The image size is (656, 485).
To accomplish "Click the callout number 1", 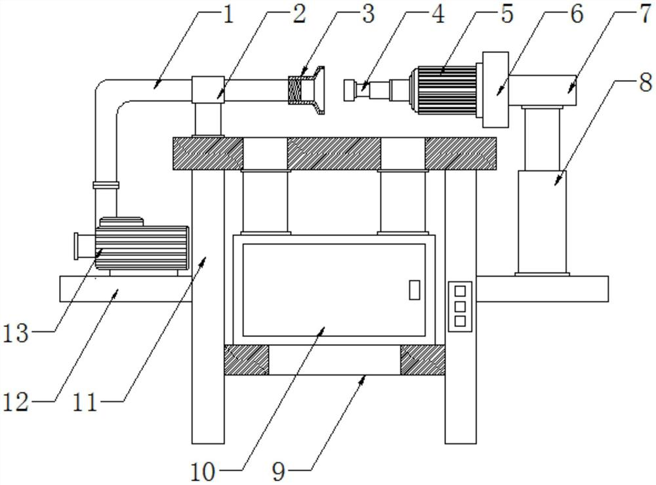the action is [228, 14].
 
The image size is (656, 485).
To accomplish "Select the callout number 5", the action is [506, 14].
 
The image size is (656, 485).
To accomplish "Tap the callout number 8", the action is [646, 83].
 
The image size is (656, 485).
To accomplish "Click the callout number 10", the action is [203, 472].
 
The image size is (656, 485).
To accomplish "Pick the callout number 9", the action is [279, 472].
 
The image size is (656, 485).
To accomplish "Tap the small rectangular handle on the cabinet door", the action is [414, 290].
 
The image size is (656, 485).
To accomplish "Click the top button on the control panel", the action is [460, 291].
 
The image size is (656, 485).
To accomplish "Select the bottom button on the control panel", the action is [460, 321].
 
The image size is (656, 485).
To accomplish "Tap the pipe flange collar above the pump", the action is [106, 185].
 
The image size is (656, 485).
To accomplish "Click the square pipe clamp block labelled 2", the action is [208, 90].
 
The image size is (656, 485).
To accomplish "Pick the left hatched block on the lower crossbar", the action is [247, 360].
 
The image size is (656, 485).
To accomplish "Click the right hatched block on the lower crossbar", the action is [422, 360].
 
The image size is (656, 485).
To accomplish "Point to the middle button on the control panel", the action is [460, 306].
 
